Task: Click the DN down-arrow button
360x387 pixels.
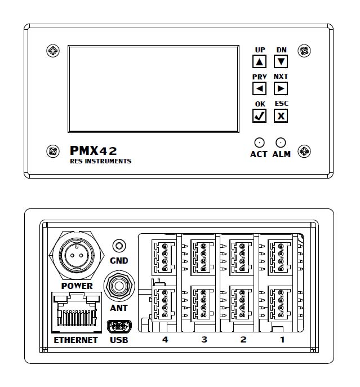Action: click(x=282, y=61)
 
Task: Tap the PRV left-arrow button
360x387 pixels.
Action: click(x=259, y=88)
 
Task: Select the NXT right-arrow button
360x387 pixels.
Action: click(x=281, y=88)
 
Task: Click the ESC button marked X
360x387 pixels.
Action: click(x=281, y=115)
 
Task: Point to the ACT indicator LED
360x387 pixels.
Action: click(x=259, y=143)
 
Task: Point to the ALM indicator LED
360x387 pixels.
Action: click(x=281, y=143)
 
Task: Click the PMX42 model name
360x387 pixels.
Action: click(x=94, y=150)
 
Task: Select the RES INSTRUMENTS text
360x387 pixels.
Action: click(x=100, y=161)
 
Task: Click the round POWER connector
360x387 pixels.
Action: click(x=77, y=255)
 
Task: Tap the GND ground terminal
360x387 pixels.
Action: click(x=119, y=246)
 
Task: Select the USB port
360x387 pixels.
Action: click(x=119, y=326)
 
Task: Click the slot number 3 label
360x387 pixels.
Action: click(x=205, y=340)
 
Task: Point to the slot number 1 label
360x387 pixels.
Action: click(x=282, y=340)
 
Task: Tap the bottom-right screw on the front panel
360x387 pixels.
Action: click(x=304, y=150)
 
